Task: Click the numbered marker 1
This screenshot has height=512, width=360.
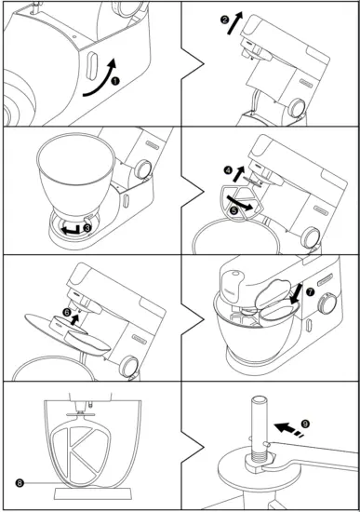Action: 115,81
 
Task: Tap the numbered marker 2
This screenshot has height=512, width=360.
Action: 224,20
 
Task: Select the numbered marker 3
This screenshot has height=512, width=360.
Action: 87,228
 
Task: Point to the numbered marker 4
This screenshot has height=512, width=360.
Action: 228,170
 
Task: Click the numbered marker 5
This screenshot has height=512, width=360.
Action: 234,210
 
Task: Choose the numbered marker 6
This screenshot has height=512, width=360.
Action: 67,313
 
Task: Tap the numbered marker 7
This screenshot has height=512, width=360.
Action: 310,292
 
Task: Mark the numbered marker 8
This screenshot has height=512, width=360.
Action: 20,482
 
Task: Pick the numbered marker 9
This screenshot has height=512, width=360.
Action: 305,424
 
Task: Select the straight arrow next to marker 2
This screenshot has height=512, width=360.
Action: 235,23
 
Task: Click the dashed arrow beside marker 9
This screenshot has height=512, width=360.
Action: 289,430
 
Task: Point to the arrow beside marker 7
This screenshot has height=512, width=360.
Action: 296,293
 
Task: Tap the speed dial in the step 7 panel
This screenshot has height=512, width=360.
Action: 327,303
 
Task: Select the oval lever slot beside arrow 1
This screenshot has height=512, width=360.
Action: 92,67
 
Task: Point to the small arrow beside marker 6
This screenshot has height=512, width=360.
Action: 76,319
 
